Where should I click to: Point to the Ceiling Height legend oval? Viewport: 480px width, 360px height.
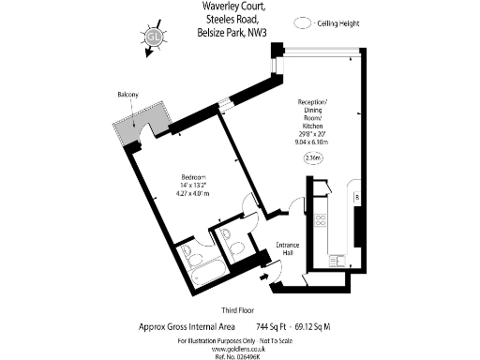[x=303, y=23]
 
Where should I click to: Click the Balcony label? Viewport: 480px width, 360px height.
[x=128, y=96]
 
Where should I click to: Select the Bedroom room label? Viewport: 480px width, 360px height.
[x=195, y=177]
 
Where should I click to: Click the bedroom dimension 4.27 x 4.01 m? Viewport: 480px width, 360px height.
[x=194, y=194]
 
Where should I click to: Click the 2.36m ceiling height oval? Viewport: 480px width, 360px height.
[x=312, y=158]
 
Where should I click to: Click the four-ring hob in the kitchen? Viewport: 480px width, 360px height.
[x=320, y=222]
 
